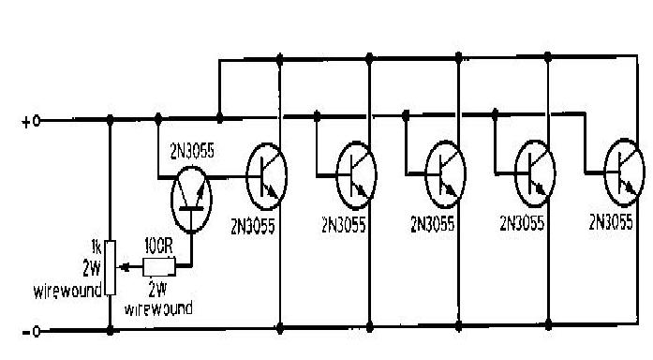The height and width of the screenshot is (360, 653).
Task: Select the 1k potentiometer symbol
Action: [111, 266]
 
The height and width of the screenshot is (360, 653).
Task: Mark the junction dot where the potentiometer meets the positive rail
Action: [111, 120]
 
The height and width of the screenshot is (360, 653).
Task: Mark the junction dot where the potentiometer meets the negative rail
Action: [111, 331]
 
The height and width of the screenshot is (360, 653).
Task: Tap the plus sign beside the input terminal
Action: [25, 121]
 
